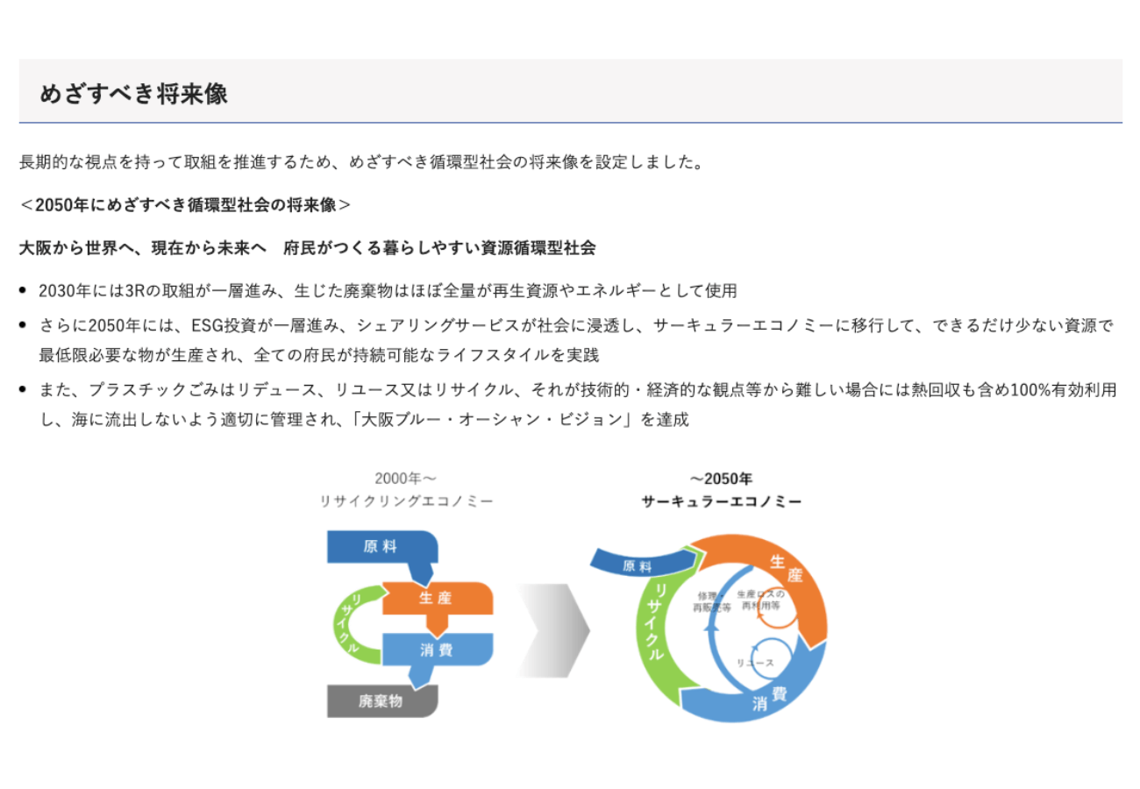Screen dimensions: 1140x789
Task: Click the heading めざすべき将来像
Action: coord(133,94)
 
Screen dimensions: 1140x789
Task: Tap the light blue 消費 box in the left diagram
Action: coord(437,650)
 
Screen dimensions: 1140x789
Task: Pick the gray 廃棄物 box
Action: coord(381,701)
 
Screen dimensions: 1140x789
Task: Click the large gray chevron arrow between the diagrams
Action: coord(555,630)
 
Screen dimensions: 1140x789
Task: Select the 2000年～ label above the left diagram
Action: coord(406,479)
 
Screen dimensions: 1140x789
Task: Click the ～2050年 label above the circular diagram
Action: coord(721,479)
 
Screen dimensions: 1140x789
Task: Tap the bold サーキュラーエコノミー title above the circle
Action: coord(721,501)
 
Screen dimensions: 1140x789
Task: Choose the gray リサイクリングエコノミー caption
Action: coord(406,501)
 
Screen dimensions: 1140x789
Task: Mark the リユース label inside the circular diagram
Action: coord(755,663)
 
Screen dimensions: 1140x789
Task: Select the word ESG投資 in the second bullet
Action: coord(224,325)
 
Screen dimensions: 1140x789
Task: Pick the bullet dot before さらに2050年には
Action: coord(23,324)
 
